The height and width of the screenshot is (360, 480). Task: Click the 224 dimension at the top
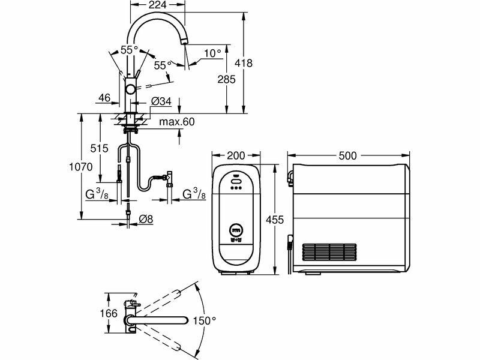coord(158,5)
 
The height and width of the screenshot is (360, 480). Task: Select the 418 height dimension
coord(244,63)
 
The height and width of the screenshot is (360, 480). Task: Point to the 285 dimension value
coord(227,80)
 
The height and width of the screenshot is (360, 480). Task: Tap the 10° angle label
coord(213,53)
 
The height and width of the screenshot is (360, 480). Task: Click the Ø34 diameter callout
coord(161,101)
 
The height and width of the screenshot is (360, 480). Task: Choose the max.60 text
coord(176,122)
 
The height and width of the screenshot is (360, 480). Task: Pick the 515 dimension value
coord(99,148)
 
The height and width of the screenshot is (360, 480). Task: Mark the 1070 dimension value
coord(80,167)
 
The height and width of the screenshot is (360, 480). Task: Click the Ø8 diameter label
coord(145,219)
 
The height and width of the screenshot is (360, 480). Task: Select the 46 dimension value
coord(104,98)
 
